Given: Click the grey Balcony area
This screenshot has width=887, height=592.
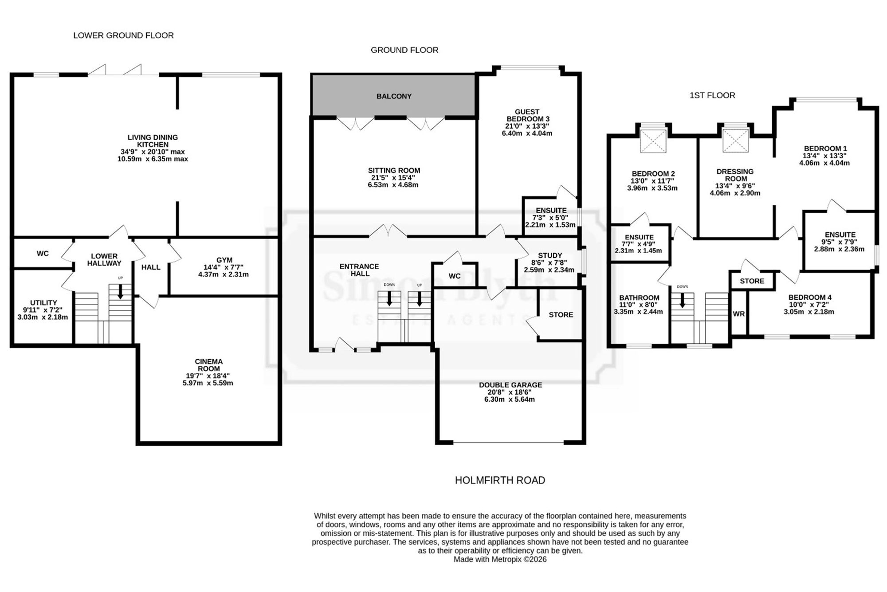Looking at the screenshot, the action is [x=393, y=95].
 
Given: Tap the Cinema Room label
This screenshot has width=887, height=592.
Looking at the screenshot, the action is [x=208, y=365].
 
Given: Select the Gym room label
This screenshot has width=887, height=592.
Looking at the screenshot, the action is [x=224, y=260].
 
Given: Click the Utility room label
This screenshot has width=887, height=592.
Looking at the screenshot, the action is [x=43, y=302].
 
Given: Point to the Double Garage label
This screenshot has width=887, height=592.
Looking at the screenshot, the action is [x=510, y=385].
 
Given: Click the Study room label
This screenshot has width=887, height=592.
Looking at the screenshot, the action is [x=550, y=255].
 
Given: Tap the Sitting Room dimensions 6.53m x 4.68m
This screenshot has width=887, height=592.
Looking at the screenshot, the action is [x=393, y=184].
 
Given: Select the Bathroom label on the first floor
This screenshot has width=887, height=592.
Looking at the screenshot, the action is [x=639, y=298].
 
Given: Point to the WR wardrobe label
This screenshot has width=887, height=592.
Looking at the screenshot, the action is [x=739, y=314].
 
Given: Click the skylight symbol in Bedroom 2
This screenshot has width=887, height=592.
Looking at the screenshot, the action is [x=653, y=141].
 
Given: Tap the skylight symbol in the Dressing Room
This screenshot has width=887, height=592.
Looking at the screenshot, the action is [x=736, y=140].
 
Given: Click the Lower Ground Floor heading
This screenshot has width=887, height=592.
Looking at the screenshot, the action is [x=123, y=35].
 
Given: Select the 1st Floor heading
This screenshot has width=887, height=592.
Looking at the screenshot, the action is [x=712, y=95].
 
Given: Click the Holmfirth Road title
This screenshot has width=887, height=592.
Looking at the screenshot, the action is [x=500, y=480].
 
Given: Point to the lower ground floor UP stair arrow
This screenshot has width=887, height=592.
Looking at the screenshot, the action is [x=120, y=292].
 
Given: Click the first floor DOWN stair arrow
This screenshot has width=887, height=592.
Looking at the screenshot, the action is [x=683, y=301].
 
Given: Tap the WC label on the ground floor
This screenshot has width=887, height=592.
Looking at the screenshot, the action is [x=455, y=276].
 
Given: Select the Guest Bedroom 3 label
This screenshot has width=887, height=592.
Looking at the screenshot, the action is [x=527, y=115].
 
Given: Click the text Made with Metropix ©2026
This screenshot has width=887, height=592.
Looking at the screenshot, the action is [x=500, y=560].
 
